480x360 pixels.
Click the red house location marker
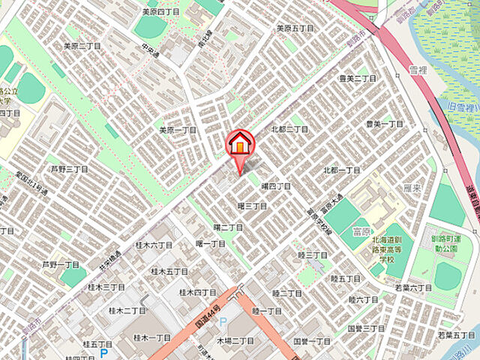click(x=240, y=142)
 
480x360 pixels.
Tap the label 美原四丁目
click(x=160, y=12)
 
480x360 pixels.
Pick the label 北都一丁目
click(x=342, y=170)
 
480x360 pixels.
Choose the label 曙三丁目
click(x=252, y=205)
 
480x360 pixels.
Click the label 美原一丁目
click(x=177, y=130)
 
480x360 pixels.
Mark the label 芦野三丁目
click(x=69, y=169)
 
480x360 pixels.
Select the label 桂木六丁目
click(x=154, y=244)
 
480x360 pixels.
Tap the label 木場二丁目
click(x=235, y=340)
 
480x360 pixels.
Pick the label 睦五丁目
click(x=345, y=279)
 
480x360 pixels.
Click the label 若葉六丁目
click(x=413, y=288)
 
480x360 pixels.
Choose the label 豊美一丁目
click(x=384, y=124)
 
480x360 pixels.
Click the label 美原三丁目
click(x=82, y=46)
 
